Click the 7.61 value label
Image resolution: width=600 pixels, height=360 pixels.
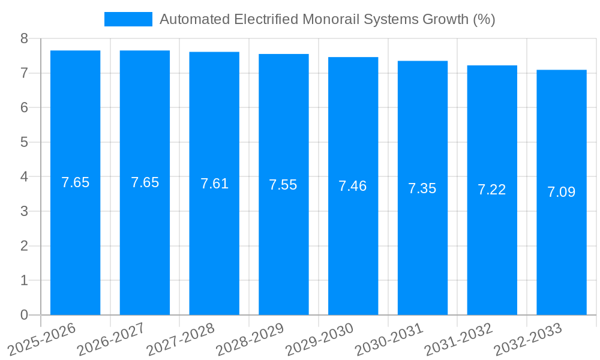click(x=214, y=184)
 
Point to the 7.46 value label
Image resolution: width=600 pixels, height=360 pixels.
click(x=352, y=186)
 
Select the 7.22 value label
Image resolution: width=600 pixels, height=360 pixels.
click(x=491, y=190)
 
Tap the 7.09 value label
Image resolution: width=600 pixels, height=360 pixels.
click(x=561, y=192)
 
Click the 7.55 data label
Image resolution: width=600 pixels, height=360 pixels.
click(x=283, y=185)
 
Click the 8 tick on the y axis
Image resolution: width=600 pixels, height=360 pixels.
click(x=24, y=38)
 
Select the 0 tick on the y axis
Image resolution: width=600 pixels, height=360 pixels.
click(x=24, y=315)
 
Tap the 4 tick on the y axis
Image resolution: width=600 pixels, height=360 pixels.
click(x=24, y=177)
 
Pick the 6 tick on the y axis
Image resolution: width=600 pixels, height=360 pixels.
click(x=24, y=107)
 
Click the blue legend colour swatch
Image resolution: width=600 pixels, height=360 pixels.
click(x=128, y=19)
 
